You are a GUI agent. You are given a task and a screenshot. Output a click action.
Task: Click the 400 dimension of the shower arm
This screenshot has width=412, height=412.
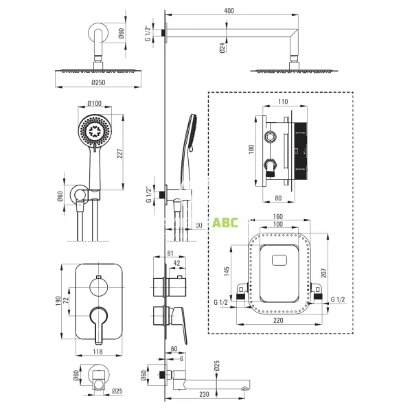tap(229, 11)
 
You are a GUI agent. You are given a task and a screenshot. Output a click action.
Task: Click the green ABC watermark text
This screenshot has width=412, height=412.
tap(225, 222)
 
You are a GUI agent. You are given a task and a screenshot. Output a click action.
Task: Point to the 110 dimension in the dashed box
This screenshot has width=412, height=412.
tap(283, 100)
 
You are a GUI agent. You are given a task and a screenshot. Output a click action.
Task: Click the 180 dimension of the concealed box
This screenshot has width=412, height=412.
tap(252, 148)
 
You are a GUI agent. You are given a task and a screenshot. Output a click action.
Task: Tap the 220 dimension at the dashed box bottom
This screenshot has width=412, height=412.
tap(277, 319)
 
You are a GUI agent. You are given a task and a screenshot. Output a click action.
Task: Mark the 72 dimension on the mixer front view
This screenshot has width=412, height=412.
tap(67, 299)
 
